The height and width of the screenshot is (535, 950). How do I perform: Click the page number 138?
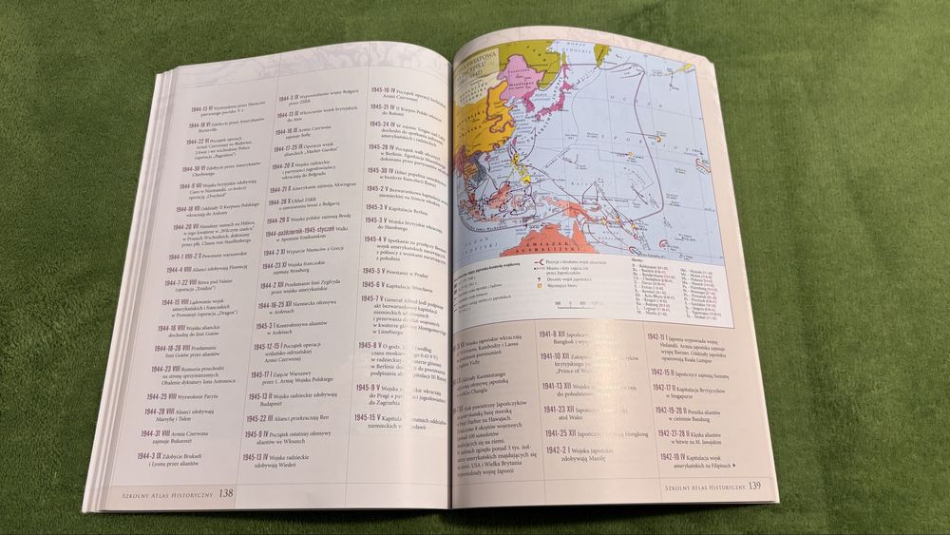227,493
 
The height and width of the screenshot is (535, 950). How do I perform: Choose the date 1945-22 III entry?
261,417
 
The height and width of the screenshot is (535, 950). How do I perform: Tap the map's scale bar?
582,306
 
